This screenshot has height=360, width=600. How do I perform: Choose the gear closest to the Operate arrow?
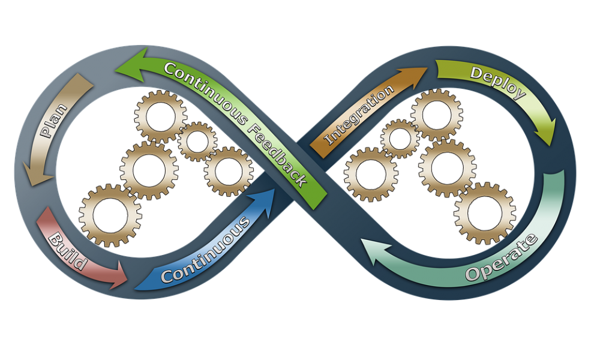tap(485, 214)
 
